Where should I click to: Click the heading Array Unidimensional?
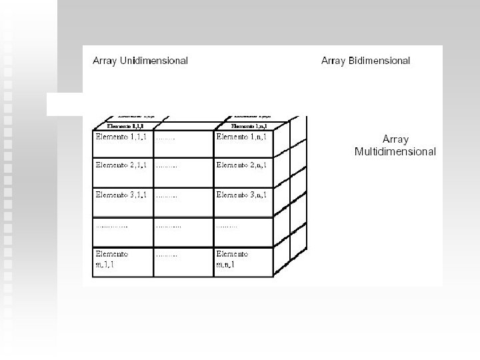point(140,61)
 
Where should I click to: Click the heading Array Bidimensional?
point(365,61)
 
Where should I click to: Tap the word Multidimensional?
point(395,151)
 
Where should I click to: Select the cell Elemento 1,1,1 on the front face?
point(121,137)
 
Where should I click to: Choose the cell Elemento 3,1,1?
point(121,195)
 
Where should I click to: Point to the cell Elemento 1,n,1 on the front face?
point(241,137)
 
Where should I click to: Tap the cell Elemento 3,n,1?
point(241,195)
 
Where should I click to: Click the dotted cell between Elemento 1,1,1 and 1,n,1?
point(166,138)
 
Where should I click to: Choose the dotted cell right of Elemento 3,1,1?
point(167,196)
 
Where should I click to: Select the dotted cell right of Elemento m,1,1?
point(167,255)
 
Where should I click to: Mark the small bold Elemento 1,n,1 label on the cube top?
point(249,125)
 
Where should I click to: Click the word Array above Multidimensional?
point(395,139)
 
